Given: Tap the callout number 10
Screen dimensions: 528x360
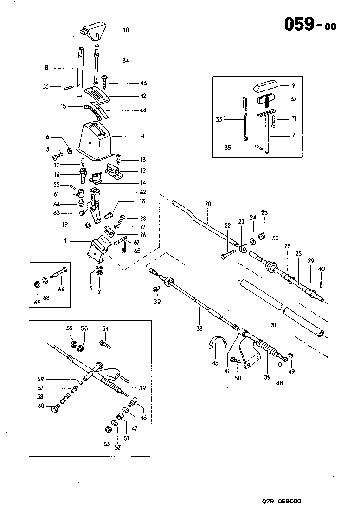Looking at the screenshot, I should click(126, 31).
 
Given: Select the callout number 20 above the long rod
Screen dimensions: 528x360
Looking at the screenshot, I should click(207, 204).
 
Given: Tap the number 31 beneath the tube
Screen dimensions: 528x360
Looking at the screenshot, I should click(273, 326).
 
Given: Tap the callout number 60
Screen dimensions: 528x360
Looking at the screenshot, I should click(40, 406).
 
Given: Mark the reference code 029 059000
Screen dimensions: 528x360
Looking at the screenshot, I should click(281, 501).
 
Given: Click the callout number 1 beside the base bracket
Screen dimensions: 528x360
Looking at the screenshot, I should click(66, 241).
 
